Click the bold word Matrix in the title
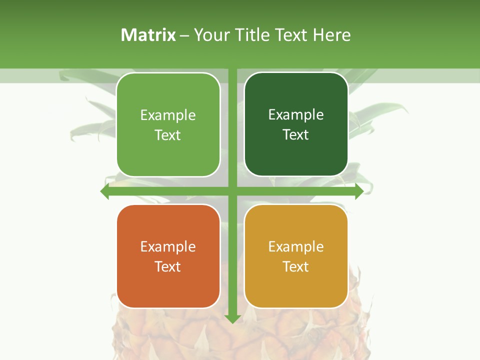tap(148, 35)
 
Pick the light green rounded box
tap(168, 150)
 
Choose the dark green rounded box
tap(296, 155)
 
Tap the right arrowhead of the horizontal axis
tap(359, 191)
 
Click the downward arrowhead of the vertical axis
tap(232, 318)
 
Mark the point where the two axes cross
tap(232, 191)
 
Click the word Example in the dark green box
tap(296, 115)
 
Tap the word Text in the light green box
tap(168, 135)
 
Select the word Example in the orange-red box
tap(168, 246)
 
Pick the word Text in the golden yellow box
tap(296, 266)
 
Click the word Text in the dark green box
tap(296, 134)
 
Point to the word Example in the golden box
tap(296, 246)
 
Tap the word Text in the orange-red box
tap(168, 266)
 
